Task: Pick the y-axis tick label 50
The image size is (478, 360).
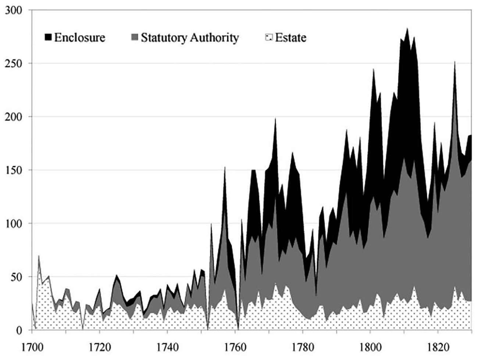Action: pos(16,277)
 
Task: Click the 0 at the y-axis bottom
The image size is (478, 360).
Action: pos(19,330)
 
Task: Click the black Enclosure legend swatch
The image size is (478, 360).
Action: pos(48,38)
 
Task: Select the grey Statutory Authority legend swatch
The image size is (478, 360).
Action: pos(135,38)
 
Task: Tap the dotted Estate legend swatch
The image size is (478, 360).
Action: pos(269,38)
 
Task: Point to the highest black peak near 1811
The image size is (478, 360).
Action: pos(407,29)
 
